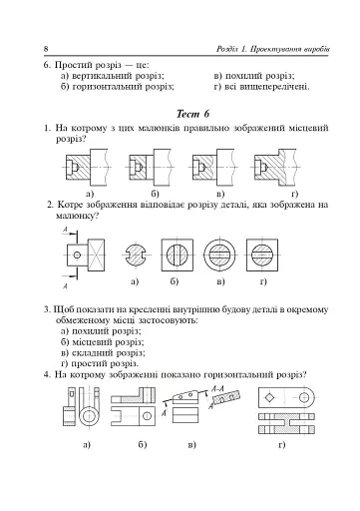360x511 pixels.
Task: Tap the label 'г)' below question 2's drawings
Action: pos(263,282)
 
